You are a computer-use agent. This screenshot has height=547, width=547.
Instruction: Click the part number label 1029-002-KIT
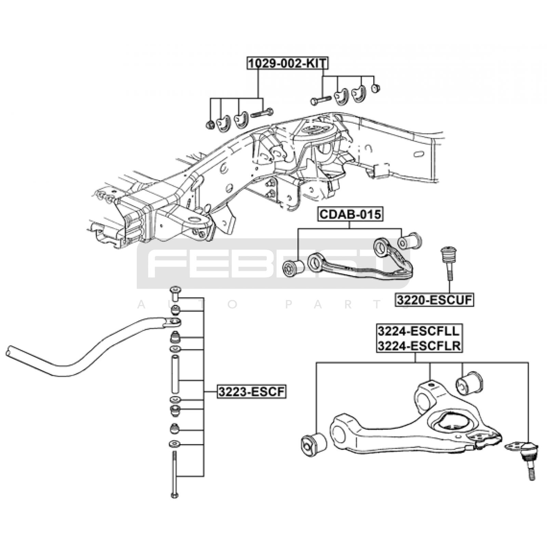click(288, 63)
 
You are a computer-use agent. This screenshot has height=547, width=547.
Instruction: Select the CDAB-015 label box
click(350, 214)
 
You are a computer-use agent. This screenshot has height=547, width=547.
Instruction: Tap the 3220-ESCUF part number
click(435, 300)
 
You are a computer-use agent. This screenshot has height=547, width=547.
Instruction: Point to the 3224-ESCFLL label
click(419, 331)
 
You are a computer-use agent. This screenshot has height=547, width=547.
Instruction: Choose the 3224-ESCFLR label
click(419, 346)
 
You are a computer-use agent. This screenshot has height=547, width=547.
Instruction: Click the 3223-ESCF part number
click(252, 391)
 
